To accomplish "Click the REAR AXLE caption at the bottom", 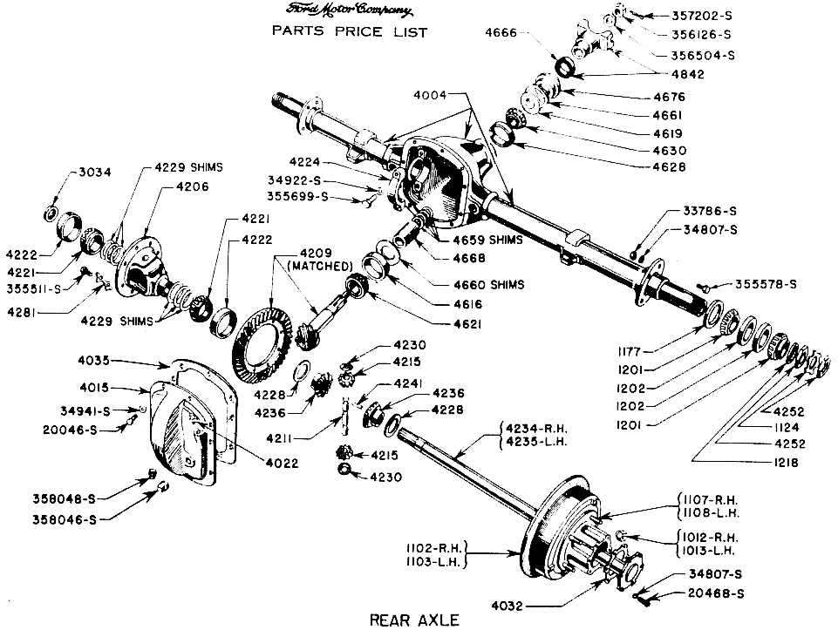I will click(x=414, y=620).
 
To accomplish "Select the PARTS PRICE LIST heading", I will click(x=350, y=32).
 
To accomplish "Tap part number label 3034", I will click(x=94, y=172).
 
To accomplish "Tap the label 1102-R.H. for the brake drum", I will click(x=433, y=548).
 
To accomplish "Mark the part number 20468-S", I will click(x=712, y=595).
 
